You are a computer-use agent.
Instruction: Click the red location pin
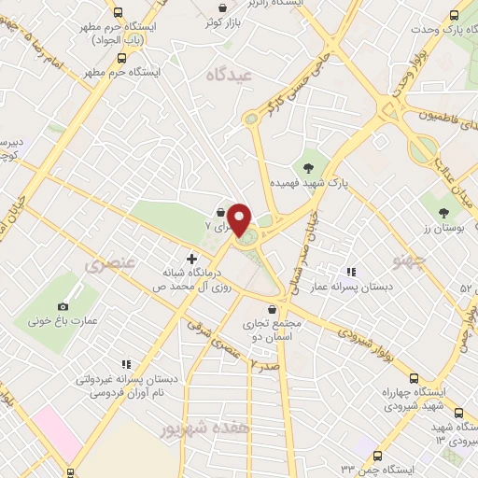click(239, 218)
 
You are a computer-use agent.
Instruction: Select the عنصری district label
click(111, 264)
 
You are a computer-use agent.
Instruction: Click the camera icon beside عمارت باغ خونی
click(63, 306)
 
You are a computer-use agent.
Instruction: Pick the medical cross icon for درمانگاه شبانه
click(192, 259)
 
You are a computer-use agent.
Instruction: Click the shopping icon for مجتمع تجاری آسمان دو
click(272, 309)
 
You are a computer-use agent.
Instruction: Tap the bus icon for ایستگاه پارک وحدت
click(454, 15)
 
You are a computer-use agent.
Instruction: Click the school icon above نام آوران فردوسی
click(124, 365)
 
